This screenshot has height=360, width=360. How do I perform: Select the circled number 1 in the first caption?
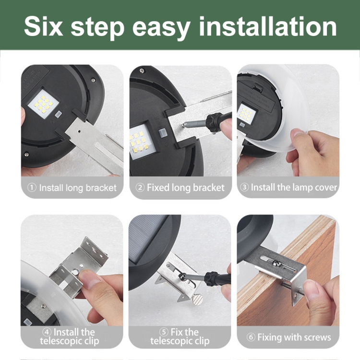tap(32, 188)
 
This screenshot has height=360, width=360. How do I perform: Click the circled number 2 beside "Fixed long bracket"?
tap(140, 187)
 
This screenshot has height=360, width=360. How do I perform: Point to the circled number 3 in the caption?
tap(244, 187)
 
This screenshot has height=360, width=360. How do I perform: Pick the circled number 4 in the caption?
tap(47, 332)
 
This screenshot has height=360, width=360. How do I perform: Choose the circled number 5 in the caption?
tap(164, 332)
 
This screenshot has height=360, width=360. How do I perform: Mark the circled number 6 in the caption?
tap(251, 337)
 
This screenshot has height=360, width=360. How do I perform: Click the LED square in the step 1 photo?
tap(43, 104)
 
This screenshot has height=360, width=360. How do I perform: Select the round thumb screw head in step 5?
tap(198, 300)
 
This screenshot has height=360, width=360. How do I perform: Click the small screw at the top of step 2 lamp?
tap(142, 71)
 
